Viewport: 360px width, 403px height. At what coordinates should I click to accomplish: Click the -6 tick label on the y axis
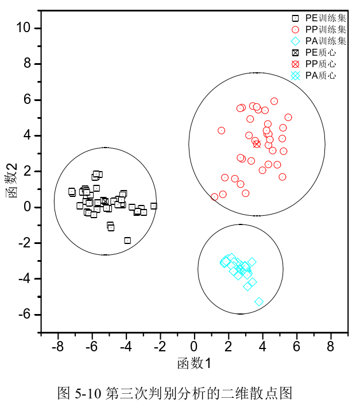[x=28, y=315]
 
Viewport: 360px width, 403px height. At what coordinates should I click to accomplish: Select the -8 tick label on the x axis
[x=57, y=346]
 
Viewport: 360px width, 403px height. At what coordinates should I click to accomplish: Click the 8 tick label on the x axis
[x=331, y=346]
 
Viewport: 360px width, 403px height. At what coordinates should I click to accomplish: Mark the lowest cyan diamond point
[x=259, y=301]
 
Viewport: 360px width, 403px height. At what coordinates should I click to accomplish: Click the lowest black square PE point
[x=127, y=241]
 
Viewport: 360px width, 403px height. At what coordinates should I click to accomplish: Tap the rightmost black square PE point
[x=153, y=206]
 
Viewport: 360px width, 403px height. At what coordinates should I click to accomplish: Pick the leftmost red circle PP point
[x=215, y=197]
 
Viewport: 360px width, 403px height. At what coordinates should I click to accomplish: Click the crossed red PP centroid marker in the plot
[x=257, y=144]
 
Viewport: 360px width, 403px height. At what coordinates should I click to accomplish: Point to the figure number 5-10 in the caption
[x=88, y=393]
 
